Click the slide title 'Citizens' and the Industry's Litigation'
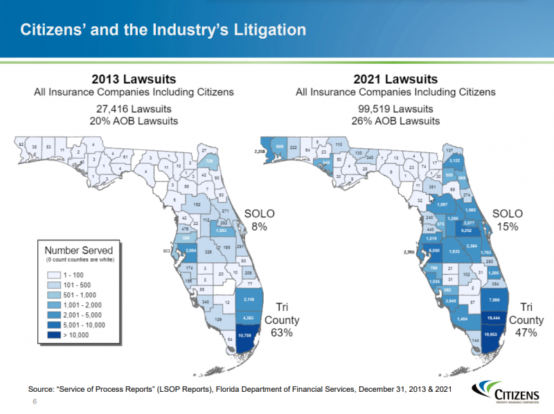[x=163, y=30]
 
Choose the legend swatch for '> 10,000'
[x=53, y=335]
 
